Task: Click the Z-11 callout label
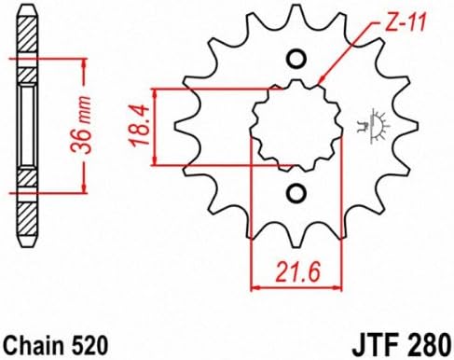(x=405, y=23)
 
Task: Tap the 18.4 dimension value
(x=140, y=126)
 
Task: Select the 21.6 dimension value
(x=297, y=272)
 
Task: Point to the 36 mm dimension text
(x=81, y=125)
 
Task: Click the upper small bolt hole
(x=296, y=59)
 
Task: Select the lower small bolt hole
(x=296, y=193)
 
